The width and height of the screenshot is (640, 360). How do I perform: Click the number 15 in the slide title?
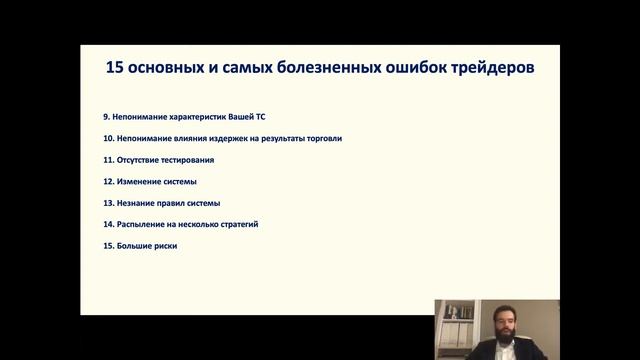pyautogui.click(x=115, y=69)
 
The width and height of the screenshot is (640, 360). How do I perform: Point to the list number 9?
pyautogui.click(x=106, y=117)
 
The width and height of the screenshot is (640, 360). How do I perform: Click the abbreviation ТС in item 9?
pyautogui.click(x=259, y=117)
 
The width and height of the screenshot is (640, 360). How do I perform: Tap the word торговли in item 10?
pyautogui.click(x=322, y=138)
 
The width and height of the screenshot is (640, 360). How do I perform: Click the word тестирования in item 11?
pyautogui.click(x=186, y=160)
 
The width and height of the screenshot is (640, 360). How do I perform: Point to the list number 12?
pyautogui.click(x=108, y=181)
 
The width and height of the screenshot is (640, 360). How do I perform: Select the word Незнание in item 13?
pyautogui.click(x=136, y=203)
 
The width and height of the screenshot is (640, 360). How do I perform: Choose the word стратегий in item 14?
pyautogui.click(x=238, y=224)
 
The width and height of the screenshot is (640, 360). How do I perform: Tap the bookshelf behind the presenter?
pyautogui.click(x=454, y=325)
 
